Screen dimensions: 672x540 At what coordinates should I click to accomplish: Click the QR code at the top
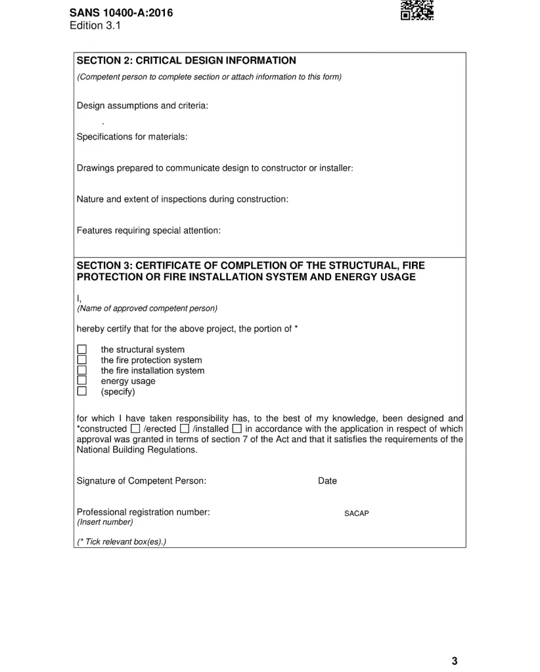pos(416,9)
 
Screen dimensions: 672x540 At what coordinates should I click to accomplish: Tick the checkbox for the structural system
pos(82,350)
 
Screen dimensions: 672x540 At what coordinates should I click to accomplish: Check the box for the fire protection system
pos(82,360)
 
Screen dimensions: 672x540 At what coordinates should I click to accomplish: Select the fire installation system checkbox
pos(82,371)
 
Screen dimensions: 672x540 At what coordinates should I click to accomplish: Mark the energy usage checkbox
pos(82,381)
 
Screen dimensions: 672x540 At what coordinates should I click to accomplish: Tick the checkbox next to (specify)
pos(82,392)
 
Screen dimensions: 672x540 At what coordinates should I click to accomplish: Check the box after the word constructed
pos(135,429)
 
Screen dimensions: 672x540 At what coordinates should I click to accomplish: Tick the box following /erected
pos(184,429)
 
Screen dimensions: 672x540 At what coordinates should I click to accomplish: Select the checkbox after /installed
pos(236,429)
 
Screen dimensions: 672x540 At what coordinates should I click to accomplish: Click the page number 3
pos(454,661)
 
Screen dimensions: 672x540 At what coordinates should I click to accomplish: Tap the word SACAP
pos(357,514)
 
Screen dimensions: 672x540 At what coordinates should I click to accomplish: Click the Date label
pos(327,481)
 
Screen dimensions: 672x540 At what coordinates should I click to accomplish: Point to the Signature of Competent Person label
pos(141,481)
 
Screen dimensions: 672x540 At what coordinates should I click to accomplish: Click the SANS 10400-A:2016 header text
pos(121,12)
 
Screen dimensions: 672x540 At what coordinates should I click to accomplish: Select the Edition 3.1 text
pos(95,26)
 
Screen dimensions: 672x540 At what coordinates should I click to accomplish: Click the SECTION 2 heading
pos(186,61)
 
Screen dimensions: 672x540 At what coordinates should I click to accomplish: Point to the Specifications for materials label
pos(132,137)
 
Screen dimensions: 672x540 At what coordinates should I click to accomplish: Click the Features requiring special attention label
pos(148,231)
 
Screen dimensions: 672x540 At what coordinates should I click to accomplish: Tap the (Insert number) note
pos(105,522)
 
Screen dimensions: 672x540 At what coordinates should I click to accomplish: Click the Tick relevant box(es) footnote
pos(122,542)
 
